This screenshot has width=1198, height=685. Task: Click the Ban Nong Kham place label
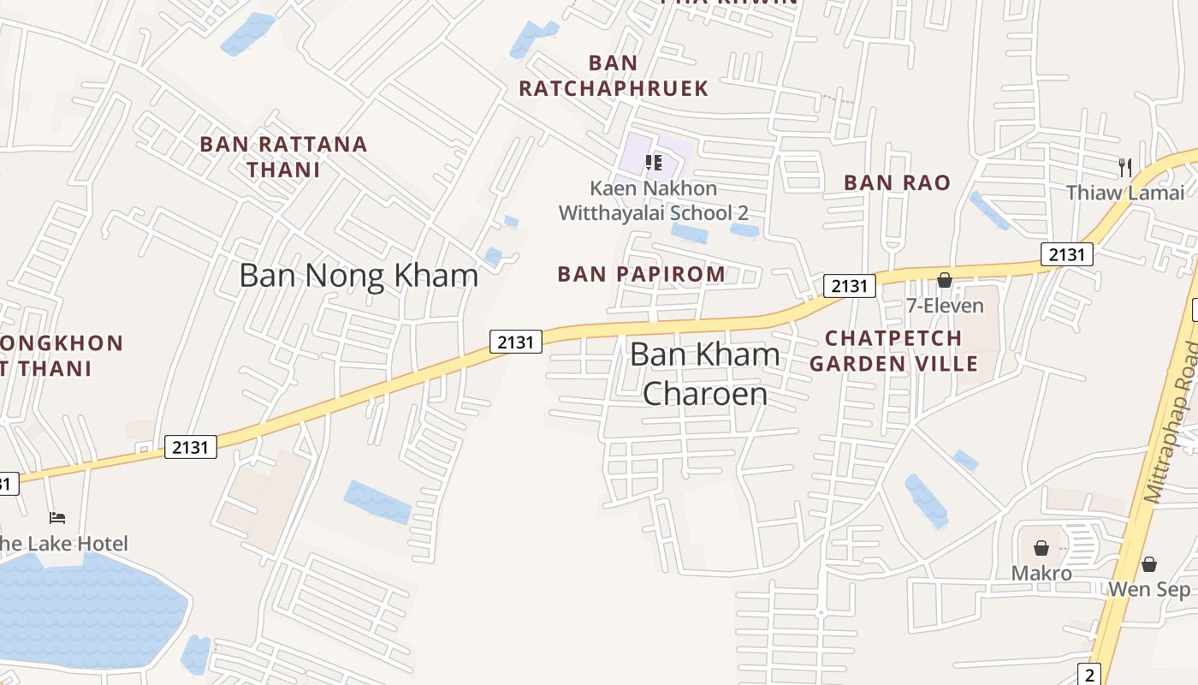tap(358, 276)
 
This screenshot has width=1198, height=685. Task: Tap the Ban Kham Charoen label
tap(705, 374)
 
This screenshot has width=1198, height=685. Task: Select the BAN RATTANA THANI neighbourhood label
tap(283, 157)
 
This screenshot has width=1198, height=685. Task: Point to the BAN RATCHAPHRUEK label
tap(614, 75)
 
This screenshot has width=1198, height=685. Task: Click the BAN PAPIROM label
tap(641, 274)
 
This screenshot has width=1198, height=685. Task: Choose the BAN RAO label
tap(897, 182)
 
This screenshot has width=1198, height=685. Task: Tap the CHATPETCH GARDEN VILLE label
tap(893, 350)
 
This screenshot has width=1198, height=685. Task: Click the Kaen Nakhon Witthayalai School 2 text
tap(653, 200)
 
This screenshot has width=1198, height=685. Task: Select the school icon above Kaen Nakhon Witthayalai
tap(654, 162)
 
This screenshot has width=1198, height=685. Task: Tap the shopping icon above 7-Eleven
tap(945, 280)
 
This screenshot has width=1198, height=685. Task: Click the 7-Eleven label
tap(945, 306)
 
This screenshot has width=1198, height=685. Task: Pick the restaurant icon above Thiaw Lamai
tap(1125, 167)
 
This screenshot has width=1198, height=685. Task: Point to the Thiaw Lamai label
tap(1124, 193)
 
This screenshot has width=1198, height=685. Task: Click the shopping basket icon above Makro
tap(1041, 548)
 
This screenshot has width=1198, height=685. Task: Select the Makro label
tap(1041, 573)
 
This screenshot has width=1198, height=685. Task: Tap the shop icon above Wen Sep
tap(1149, 564)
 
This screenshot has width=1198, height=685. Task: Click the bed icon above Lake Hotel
tap(57, 518)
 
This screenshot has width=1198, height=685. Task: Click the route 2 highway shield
tap(1090, 674)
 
